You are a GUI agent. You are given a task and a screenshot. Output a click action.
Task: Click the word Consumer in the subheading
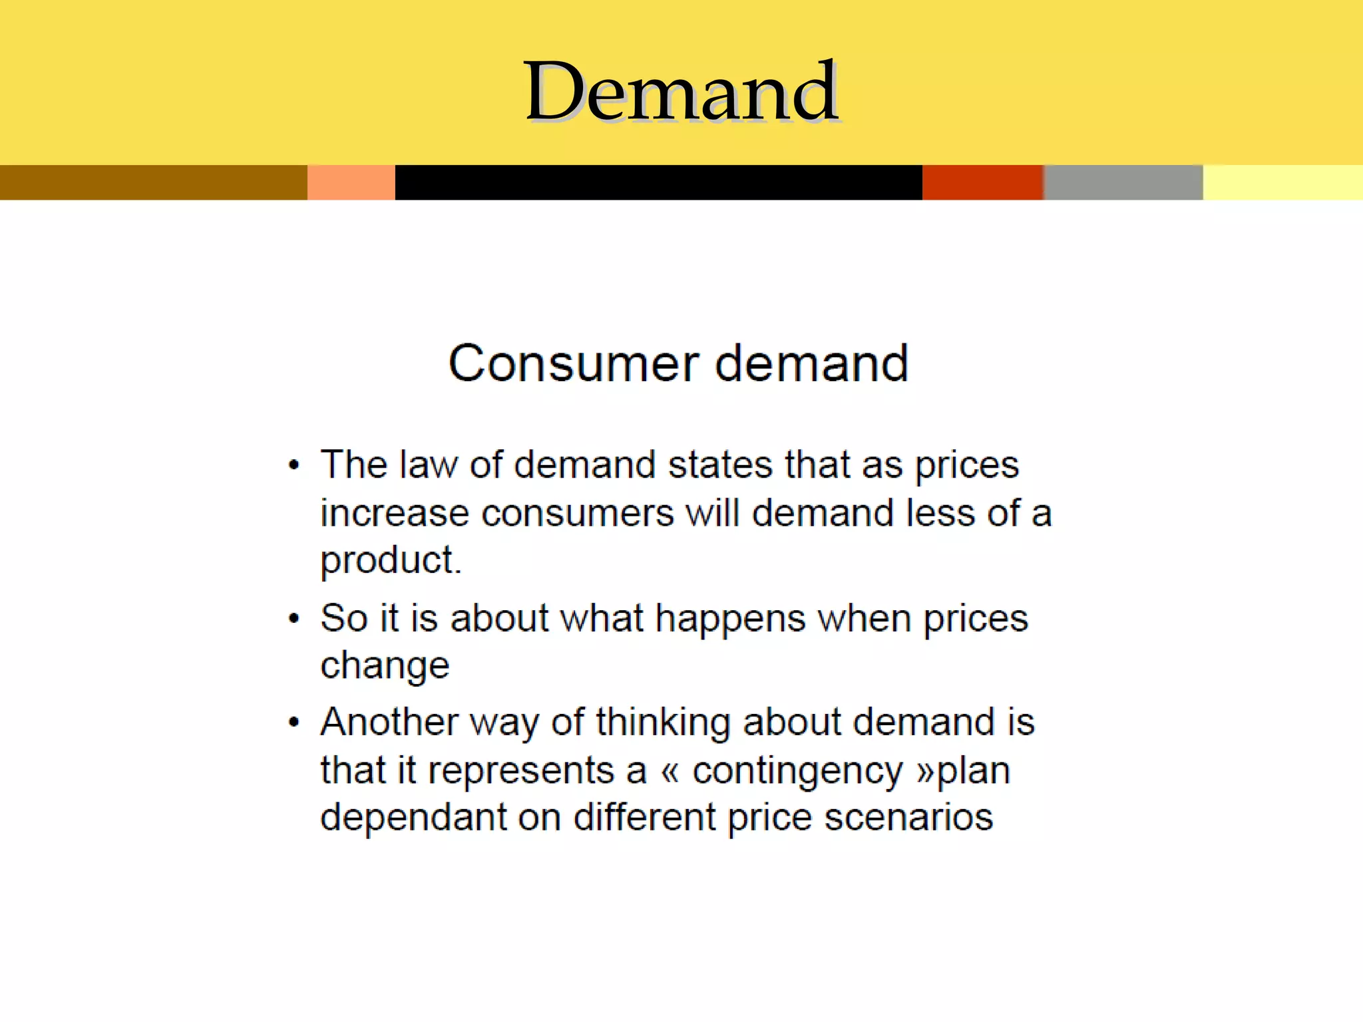coord(573,363)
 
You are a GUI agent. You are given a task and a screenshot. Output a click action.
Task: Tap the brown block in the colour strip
coord(153,182)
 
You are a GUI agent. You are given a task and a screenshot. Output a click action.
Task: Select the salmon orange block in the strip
coord(351,182)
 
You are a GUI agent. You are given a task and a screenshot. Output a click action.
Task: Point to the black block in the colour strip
coord(658,182)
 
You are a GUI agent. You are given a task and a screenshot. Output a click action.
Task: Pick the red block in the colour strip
coord(982,182)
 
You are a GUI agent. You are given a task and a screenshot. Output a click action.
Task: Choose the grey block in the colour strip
coord(1123,182)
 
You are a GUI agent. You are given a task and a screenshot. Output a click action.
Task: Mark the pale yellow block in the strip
coord(1282,182)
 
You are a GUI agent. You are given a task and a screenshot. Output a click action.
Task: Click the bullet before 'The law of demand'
coord(294,465)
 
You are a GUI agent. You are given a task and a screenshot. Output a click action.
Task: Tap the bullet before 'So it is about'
coord(294,619)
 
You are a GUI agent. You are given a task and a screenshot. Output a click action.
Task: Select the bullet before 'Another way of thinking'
coord(294,723)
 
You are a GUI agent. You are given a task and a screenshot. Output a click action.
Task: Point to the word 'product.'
coord(391,560)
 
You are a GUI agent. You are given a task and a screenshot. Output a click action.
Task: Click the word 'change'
coord(385,666)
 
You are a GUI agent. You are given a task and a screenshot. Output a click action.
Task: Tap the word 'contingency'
coord(797,771)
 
